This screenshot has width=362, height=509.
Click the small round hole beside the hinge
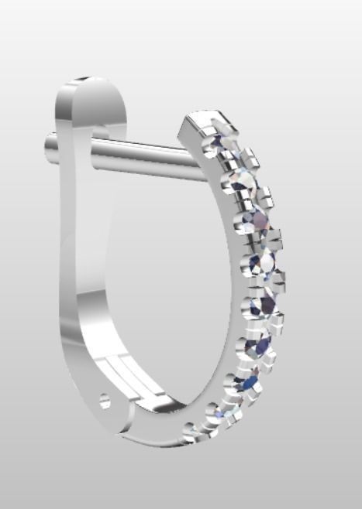[x=105, y=400]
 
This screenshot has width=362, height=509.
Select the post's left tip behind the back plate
[x=51, y=142]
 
